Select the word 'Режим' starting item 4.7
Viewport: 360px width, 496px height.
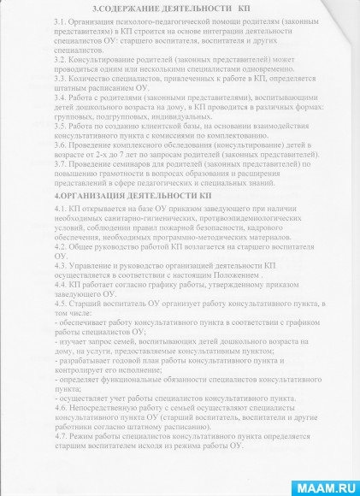(80, 439)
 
